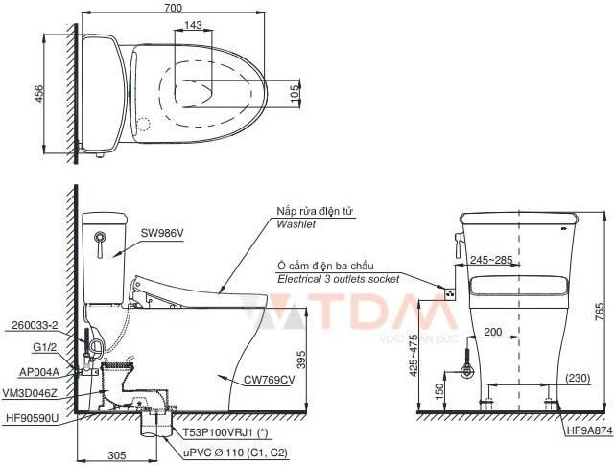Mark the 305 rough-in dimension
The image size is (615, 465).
(x=115, y=455)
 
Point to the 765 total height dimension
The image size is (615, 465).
(x=600, y=311)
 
